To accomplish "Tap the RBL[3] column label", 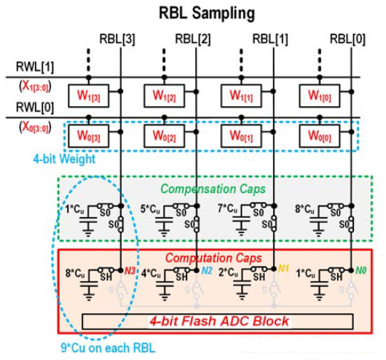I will [117, 37].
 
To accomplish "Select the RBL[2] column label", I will [193, 37].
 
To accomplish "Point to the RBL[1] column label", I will [270, 37].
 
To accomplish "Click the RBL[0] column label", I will [347, 37].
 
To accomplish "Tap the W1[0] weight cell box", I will [321, 95].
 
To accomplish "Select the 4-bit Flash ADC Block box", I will [218, 321].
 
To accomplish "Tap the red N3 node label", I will [130, 270].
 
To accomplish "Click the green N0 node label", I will [360, 270].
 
